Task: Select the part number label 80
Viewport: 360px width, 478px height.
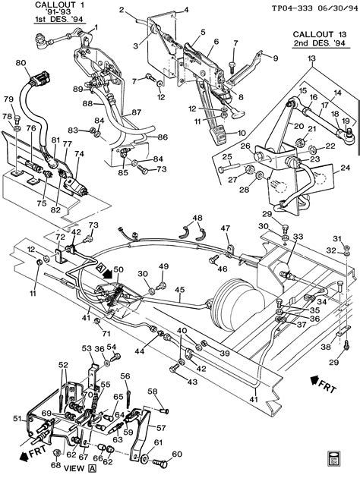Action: (21, 63)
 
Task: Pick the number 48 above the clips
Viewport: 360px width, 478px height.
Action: (197, 219)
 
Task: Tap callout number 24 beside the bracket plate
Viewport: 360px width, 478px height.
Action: (346, 168)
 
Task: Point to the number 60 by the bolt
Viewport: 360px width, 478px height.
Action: (178, 455)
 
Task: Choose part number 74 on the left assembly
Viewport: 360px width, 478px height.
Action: (78, 153)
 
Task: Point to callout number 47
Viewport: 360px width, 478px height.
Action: (225, 228)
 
